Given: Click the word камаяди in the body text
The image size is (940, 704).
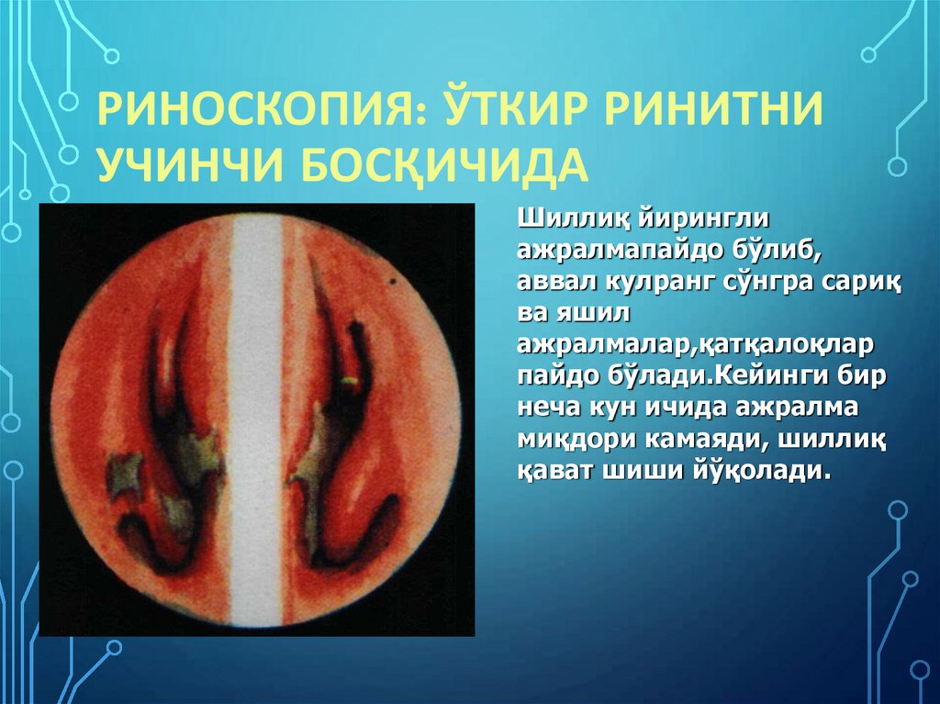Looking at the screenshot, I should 698,440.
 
